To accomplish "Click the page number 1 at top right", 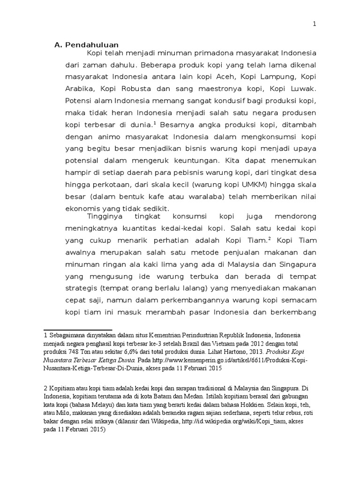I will coord(315,24).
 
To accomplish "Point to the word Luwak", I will coord(305,88).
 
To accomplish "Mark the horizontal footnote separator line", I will coord(77,330).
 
